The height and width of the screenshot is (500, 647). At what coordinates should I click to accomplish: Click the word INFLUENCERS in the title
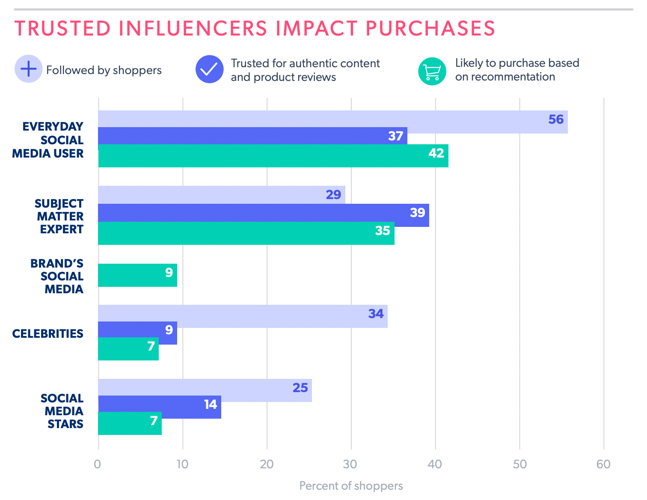pos(193,28)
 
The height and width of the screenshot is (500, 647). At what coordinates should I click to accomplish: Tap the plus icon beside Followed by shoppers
pos(29,69)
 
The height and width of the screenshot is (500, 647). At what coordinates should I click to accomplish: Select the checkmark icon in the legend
pos(209,69)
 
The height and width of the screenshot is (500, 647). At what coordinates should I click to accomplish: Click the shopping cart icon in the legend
pos(432,71)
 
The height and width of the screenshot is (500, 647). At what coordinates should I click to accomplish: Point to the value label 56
pos(556,119)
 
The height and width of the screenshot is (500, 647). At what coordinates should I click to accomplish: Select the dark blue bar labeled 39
pos(263,213)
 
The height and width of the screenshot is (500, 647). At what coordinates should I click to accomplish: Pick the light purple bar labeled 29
pos(221,195)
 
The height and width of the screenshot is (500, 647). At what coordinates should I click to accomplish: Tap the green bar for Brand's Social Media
pos(137,275)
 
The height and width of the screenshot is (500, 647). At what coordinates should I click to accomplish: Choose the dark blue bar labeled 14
pos(159,404)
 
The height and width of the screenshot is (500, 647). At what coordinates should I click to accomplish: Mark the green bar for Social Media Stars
pos(130,424)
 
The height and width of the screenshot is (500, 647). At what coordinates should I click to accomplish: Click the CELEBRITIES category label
pos(48,334)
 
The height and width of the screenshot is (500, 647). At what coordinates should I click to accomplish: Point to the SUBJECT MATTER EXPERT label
pos(59,217)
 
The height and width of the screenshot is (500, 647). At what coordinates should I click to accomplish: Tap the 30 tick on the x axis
pos(350,464)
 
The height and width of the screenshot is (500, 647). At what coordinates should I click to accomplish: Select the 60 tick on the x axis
pos(603,464)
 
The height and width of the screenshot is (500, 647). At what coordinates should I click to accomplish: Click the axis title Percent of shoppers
pos(351,486)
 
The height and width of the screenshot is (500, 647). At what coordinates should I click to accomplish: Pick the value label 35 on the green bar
pos(383,231)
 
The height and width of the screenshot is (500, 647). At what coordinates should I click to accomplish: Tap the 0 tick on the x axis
pos(98,464)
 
